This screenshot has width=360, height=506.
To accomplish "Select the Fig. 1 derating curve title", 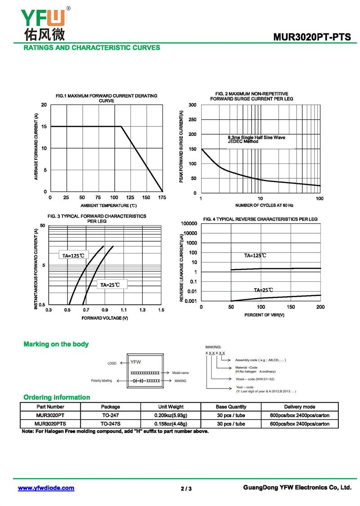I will click(106, 98).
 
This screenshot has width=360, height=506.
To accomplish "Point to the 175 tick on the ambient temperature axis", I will click(162, 198).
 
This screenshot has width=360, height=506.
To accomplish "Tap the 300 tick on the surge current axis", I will click(192, 105).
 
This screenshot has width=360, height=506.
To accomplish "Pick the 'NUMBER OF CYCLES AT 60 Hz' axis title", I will click(264, 205).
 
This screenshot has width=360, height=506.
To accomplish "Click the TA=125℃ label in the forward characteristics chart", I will click(73, 256).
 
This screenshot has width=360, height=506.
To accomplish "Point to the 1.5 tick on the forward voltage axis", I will click(161, 310).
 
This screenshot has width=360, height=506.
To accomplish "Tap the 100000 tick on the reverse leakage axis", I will click(189, 224).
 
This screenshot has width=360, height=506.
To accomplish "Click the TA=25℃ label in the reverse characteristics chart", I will click(263, 290).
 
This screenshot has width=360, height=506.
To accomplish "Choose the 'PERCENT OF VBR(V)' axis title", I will click(265, 315).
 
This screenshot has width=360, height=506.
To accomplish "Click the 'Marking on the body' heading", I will click(56, 344).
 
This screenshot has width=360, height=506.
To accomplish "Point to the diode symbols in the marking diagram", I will click(139, 381).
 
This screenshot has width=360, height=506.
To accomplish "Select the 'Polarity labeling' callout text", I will click(101, 381).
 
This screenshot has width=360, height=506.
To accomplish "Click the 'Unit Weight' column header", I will click(171, 407).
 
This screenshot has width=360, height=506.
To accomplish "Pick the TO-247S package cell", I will click(110, 424).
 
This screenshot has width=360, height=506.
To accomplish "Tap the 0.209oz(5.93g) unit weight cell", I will click(171, 416).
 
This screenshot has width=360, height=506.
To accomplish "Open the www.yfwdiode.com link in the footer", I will click(46, 488).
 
